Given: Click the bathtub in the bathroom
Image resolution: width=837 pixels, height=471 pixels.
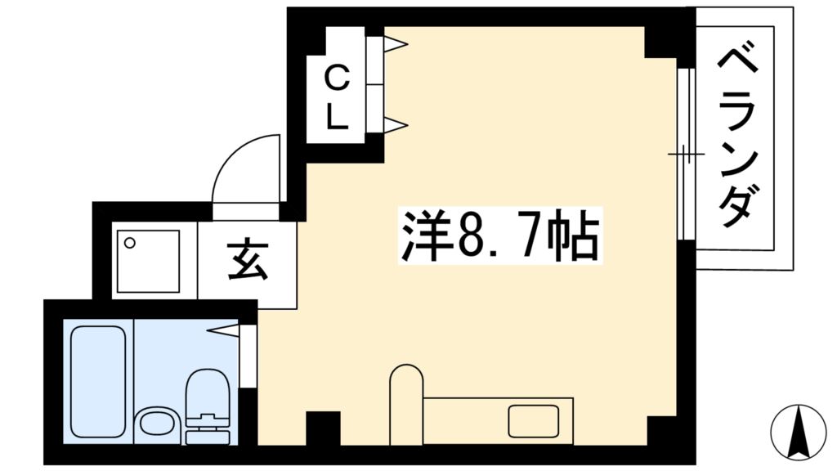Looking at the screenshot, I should coord(98,380).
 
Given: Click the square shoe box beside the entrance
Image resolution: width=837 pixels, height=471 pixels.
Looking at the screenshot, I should coord(148,261).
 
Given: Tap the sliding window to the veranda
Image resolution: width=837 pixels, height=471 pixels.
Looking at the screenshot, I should coord(685,154).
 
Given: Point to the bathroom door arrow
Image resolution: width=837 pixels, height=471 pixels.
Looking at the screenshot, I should coord(225,330).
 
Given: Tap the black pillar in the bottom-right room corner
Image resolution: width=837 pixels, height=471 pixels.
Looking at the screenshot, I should coord(662,430).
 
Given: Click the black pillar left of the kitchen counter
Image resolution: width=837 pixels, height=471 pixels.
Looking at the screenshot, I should coord(322,429).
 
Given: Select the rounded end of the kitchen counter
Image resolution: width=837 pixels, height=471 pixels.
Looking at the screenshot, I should coord(405,383).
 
